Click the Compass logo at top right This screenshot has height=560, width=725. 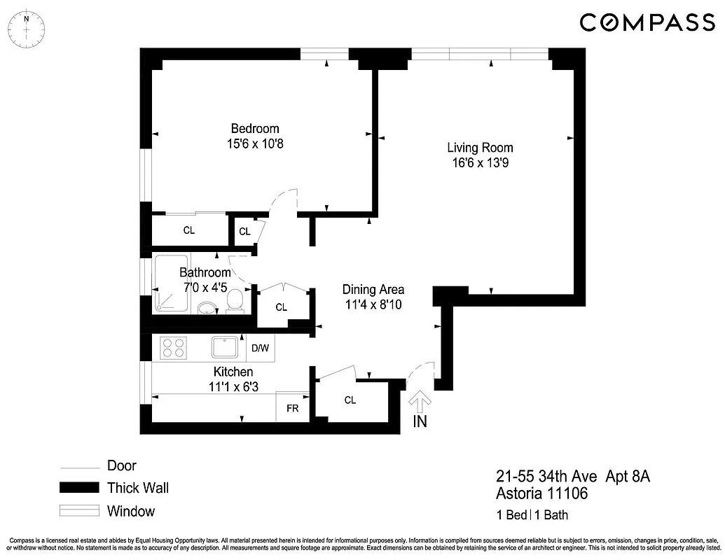click(x=647, y=22)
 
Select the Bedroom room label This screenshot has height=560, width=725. click(x=255, y=129)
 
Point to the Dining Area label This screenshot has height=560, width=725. click(x=373, y=289)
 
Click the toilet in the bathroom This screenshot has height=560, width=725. click(x=236, y=301)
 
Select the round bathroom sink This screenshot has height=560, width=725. click(x=207, y=308)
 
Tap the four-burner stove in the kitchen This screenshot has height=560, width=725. click(x=173, y=347)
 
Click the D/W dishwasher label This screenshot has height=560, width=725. click(x=259, y=348)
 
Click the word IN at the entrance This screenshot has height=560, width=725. click(x=420, y=421)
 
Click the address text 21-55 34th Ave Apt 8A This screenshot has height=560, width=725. click(x=573, y=477)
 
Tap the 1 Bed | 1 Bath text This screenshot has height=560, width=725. click(x=532, y=516)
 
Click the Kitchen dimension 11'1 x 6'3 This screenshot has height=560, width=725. click(x=233, y=386)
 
